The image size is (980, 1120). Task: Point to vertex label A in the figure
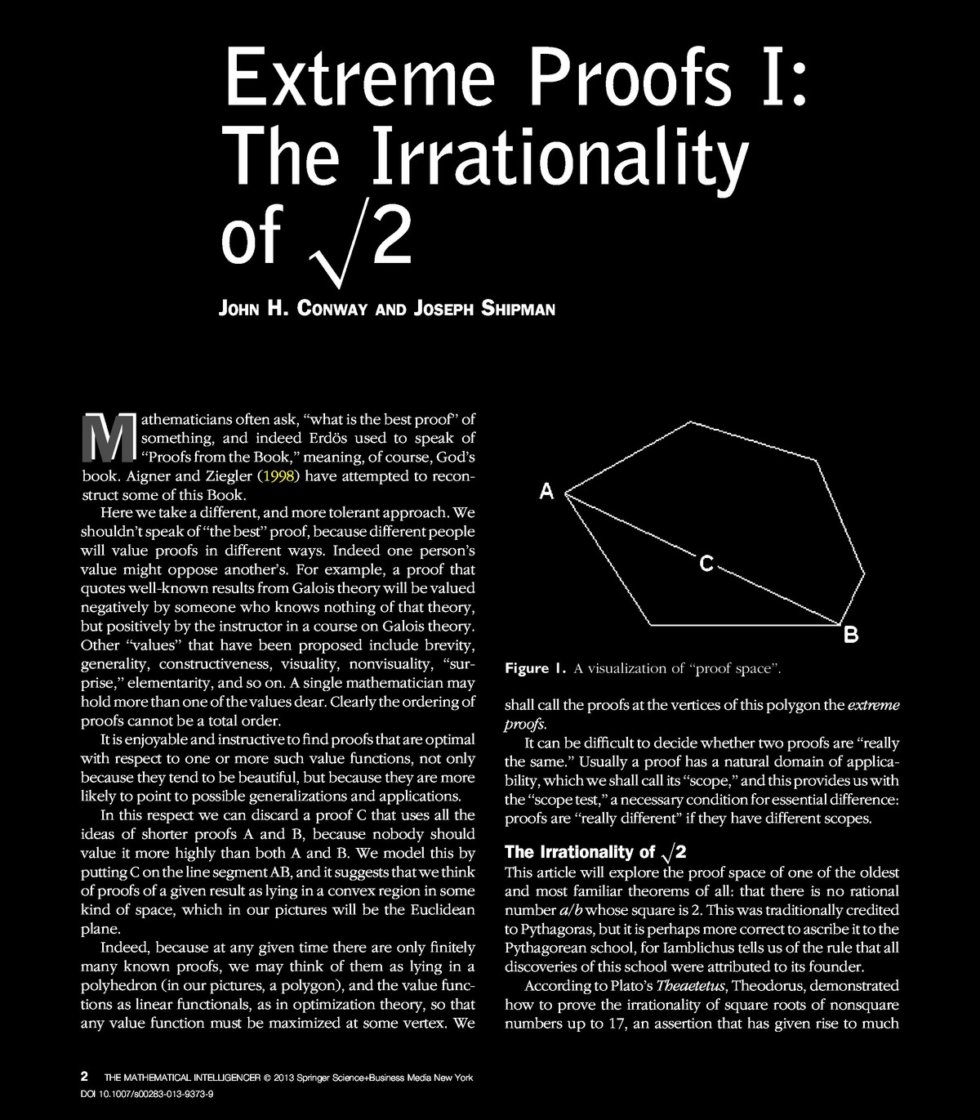pos(546,492)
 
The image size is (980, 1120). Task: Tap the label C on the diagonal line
pos(706,563)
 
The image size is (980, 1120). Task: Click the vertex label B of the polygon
pos(850,634)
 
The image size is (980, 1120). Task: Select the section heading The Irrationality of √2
pos(595,852)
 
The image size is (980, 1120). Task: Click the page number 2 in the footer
pos(85,1078)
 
